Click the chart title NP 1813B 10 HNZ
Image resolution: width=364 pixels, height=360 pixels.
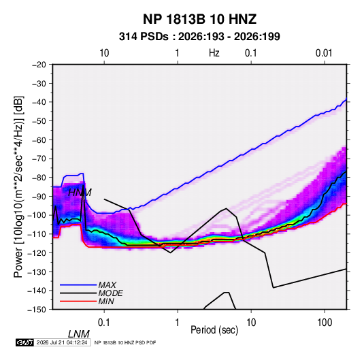[199, 19]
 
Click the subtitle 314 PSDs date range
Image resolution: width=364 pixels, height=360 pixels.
[199, 37]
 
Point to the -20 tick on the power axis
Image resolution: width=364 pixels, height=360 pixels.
[39, 65]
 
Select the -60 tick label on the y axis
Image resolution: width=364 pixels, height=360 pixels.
[39, 140]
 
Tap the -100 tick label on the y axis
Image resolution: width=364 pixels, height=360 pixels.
[37, 215]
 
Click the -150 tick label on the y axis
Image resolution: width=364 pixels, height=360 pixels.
[37, 310]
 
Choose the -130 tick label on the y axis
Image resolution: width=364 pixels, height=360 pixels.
[37, 272]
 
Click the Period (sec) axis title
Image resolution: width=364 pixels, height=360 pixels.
[214, 330]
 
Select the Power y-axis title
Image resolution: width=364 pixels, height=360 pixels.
[18, 186]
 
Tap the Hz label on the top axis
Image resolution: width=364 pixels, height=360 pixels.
[214, 53]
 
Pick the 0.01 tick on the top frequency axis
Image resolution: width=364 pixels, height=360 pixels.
[324, 53]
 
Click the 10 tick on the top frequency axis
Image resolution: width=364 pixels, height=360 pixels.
[104, 53]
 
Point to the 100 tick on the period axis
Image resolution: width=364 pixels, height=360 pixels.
[325, 323]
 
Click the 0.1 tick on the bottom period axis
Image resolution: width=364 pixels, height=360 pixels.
[104, 323]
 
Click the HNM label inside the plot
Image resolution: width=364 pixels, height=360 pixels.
[80, 193]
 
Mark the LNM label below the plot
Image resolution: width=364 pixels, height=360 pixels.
[79, 334]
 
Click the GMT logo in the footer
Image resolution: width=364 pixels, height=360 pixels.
[25, 342]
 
